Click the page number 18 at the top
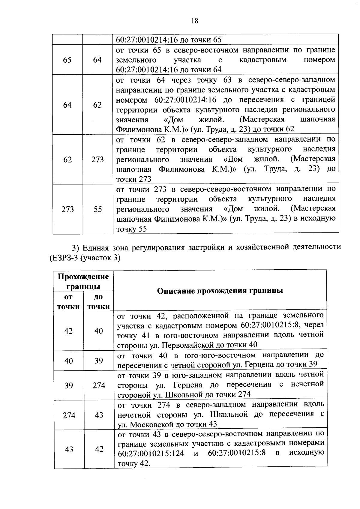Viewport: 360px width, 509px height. pyautogui.click(x=194, y=21)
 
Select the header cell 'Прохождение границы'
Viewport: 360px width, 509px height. pyautogui.click(x=83, y=281)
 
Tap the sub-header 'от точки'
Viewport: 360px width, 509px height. pyautogui.click(x=68, y=302)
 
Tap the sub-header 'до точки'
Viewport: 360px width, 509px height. pyautogui.click(x=98, y=302)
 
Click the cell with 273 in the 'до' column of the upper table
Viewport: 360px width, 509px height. pyautogui.click(x=97, y=159)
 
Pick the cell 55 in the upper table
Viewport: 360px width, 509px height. pyautogui.click(x=97, y=209)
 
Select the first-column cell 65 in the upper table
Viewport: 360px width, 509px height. pyautogui.click(x=67, y=60)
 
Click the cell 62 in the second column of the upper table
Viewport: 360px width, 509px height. pyautogui.click(x=97, y=105)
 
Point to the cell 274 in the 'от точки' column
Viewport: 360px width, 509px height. pyautogui.click(x=69, y=415)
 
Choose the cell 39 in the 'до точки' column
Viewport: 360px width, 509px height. pyautogui.click(x=99, y=361)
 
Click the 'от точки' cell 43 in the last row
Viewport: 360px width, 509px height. pyautogui.click(x=69, y=449)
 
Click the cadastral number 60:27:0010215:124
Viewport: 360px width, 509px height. pyautogui.click(x=151, y=454)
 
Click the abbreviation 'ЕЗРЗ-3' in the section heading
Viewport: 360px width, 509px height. pyautogui.click(x=62, y=258)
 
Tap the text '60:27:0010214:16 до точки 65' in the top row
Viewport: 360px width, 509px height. pyautogui.click(x=168, y=40)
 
